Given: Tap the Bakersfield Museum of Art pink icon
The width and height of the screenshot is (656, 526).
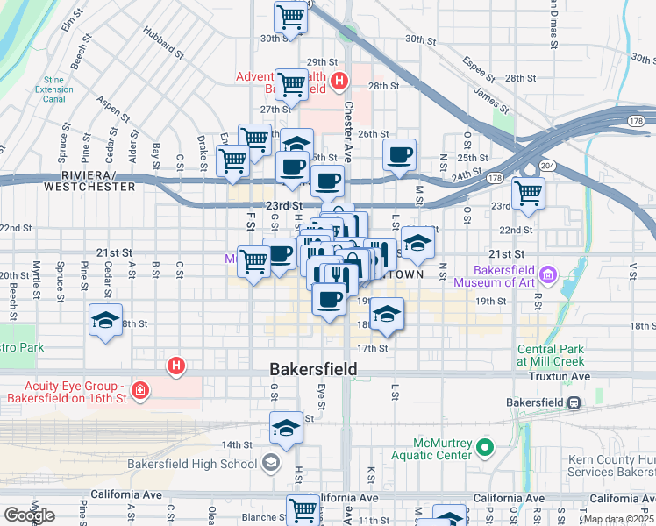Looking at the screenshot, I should [x=549, y=276].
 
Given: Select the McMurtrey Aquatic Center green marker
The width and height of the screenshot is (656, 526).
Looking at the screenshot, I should [x=485, y=451].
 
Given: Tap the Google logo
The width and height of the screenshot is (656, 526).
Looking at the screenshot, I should [x=30, y=515].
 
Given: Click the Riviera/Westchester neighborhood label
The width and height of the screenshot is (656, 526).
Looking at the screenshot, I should [x=90, y=181].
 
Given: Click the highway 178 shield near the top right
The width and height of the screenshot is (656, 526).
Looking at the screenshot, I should [x=636, y=121].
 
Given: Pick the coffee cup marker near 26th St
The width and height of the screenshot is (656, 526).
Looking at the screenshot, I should [x=400, y=155].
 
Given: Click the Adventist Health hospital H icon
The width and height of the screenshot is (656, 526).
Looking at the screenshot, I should [x=339, y=83].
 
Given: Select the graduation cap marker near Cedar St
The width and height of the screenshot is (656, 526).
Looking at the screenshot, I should [x=105, y=321].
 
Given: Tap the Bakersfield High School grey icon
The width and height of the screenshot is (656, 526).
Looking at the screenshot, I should [x=271, y=463].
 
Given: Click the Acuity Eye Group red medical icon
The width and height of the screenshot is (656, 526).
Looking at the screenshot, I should [x=139, y=389].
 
